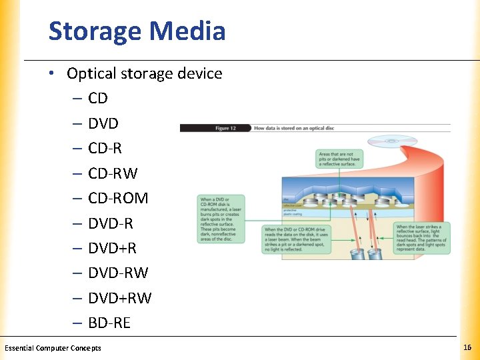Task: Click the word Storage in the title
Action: [x=95, y=31]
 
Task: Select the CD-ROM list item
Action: [x=118, y=198]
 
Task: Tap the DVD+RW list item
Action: [x=119, y=298]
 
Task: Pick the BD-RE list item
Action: [x=109, y=323]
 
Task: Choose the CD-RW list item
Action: [x=113, y=173]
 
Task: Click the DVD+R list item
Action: [x=112, y=248]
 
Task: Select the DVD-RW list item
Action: [x=118, y=273]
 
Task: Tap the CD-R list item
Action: [x=105, y=148]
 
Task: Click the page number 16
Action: [x=467, y=348]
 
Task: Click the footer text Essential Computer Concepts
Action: [x=53, y=348]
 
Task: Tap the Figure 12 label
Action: [x=221, y=128]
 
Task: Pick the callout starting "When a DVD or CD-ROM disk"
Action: [x=221, y=219]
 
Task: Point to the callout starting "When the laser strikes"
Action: [x=421, y=238]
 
